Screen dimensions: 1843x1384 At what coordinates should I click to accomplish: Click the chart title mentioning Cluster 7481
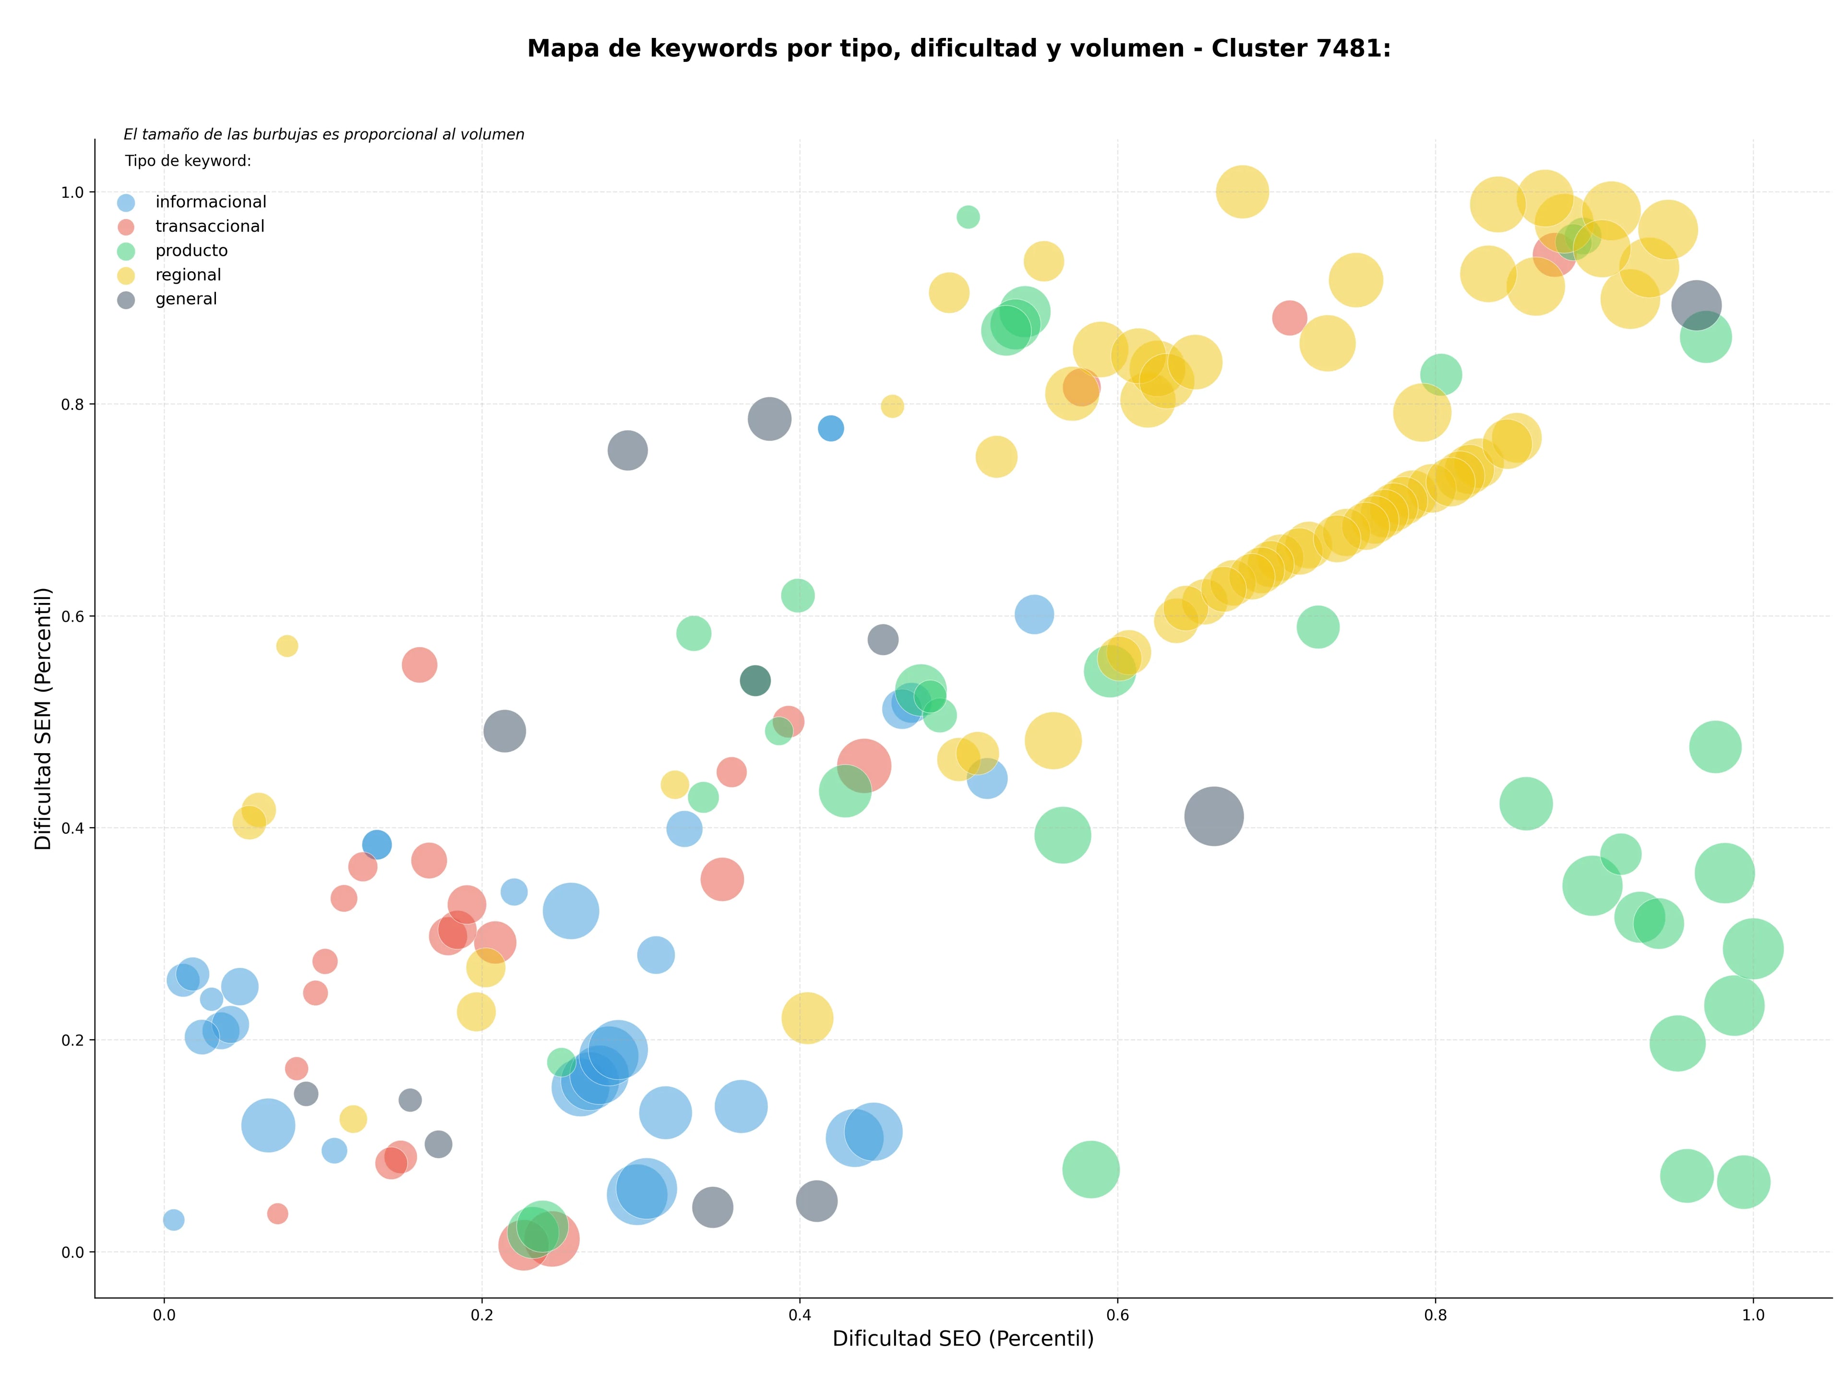959,48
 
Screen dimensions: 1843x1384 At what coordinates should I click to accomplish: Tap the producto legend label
191,251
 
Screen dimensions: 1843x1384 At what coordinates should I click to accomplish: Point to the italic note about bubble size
324,134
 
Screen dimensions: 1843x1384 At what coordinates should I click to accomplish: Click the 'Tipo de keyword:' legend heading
188,161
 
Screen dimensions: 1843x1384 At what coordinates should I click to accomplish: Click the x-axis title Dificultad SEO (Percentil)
963,1338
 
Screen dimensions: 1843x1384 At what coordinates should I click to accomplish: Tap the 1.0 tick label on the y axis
73,193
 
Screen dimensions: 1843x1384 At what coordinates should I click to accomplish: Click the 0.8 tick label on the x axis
1436,1315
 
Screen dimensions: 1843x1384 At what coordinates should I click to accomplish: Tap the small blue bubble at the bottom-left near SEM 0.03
173,1220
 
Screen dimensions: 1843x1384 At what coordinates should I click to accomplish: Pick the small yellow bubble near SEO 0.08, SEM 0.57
287,646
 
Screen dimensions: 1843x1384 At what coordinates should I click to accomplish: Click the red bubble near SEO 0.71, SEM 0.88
1290,317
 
